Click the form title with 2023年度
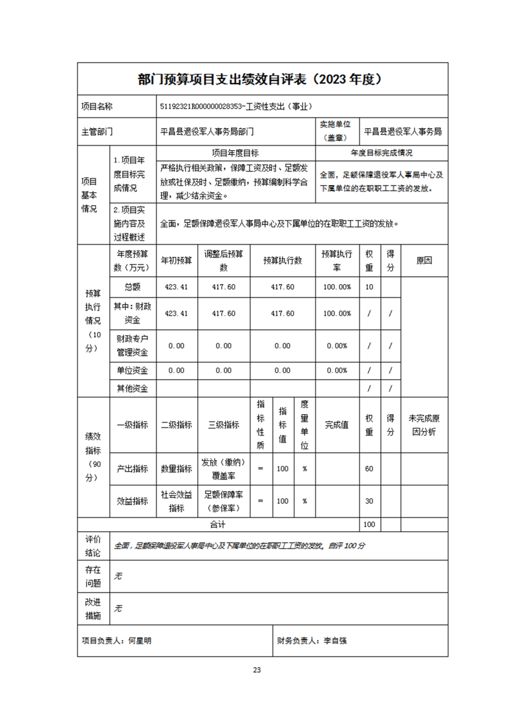262,80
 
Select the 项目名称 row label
96,107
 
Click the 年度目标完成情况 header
382,153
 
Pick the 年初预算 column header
177,260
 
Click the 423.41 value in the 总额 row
177,287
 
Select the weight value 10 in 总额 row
369,287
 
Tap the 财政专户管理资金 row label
132,346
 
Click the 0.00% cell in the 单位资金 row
337,371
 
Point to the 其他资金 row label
132,389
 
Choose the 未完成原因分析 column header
424,424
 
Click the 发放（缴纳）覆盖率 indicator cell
223,468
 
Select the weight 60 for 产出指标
369,468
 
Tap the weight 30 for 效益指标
369,501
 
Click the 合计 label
218,524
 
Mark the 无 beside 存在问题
118,576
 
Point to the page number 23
257,670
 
